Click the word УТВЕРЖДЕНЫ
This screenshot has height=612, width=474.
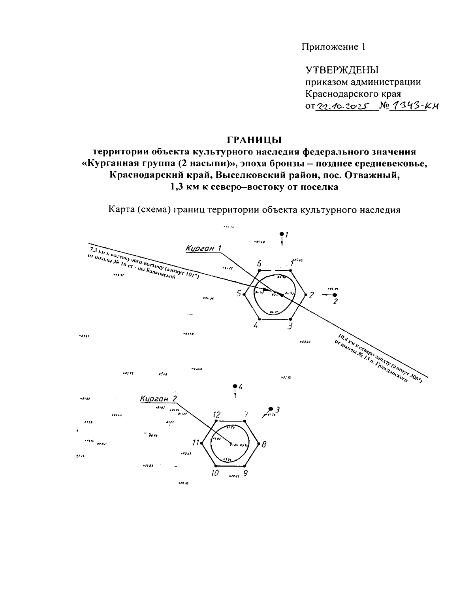342,70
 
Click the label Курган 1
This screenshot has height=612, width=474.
203,248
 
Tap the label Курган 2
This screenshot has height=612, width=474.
158,399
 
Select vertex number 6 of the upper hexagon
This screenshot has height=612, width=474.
259,271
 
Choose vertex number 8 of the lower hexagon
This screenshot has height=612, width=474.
259,444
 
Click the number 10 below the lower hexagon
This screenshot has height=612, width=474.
214,473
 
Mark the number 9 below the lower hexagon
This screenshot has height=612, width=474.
245,473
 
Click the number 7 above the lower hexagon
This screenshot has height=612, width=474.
246,414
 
